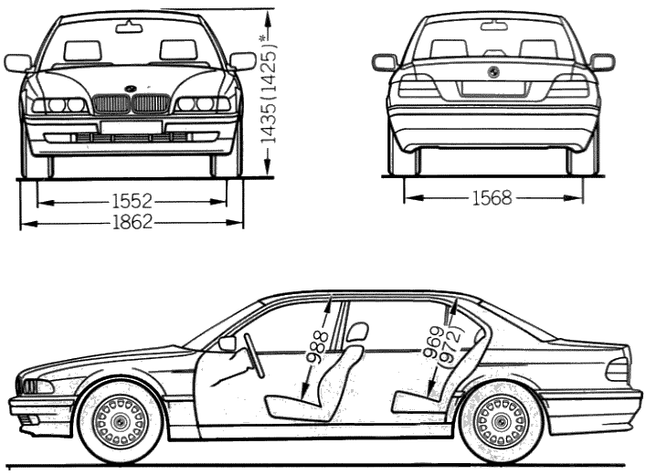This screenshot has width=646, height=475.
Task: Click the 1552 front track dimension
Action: pos(132,202)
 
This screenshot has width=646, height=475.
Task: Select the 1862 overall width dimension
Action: pos(132,222)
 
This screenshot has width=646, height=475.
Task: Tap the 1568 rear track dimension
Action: pos(492,198)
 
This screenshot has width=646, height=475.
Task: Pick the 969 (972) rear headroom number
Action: pos(443,346)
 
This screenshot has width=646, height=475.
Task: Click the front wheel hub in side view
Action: pos(120,421)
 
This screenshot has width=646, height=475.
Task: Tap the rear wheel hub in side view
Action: pos(500,421)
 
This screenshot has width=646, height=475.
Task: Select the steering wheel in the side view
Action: pos(254,355)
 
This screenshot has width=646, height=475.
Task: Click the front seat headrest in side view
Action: pos(356,332)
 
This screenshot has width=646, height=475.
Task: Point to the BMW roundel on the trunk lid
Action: pos(493,71)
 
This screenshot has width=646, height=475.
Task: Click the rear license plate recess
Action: pos(493,89)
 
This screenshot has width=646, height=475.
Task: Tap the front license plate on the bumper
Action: pos(131,127)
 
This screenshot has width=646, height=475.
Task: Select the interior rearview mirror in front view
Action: pos(129,28)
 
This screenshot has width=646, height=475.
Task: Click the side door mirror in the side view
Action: pos(228,343)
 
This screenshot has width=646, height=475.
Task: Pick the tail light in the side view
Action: pos(617,369)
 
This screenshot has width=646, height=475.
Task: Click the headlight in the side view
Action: pos(38,387)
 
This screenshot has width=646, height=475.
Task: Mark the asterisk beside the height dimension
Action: pos(262,38)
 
